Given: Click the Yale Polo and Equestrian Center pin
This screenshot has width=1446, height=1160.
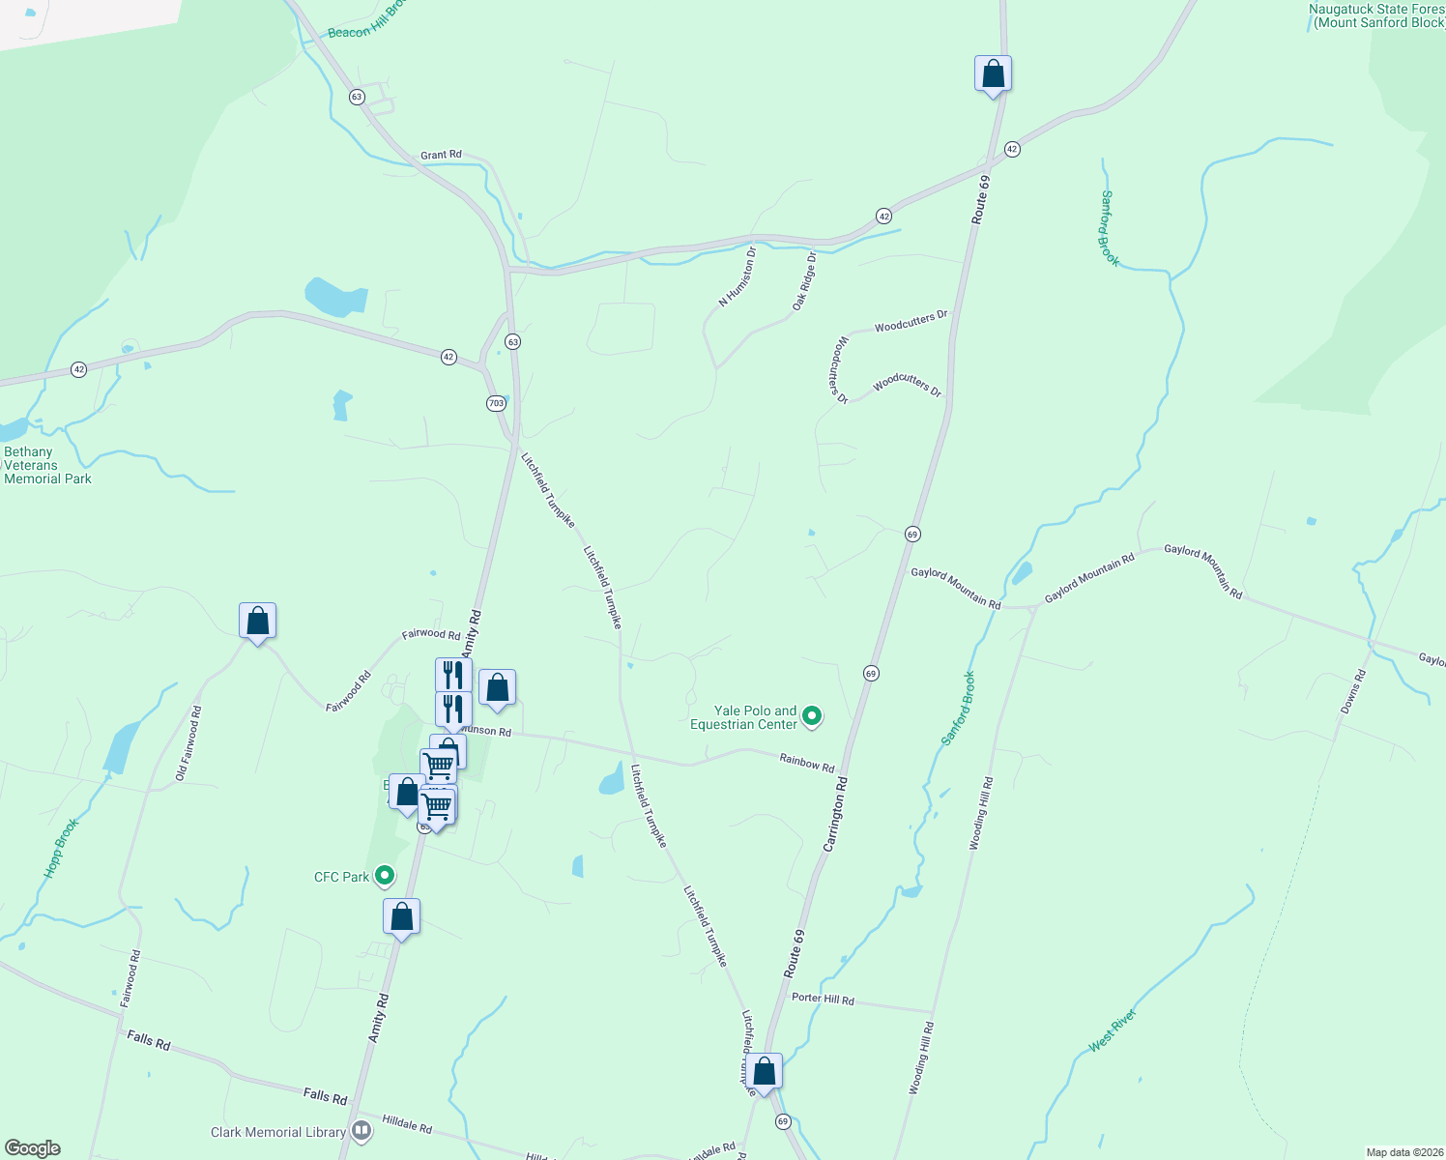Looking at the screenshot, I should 812,716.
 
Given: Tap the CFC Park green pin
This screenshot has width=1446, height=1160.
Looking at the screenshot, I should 385,877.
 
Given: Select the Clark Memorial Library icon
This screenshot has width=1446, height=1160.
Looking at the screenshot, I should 361,1130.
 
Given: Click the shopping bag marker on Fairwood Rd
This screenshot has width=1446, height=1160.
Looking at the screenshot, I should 257,622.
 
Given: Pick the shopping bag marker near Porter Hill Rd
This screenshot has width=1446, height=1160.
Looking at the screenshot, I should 764,1072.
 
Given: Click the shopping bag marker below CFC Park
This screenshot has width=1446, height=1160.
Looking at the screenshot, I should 401,917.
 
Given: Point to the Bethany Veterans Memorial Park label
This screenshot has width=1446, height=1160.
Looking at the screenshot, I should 47,465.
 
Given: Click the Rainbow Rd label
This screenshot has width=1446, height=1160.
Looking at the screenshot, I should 806,764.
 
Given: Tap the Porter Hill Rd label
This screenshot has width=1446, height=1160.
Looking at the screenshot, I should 823,999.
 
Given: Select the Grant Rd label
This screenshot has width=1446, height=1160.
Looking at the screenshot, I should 441,155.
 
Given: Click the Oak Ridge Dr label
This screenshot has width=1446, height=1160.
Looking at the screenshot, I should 804,281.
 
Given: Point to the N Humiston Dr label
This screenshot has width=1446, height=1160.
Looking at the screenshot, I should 737,276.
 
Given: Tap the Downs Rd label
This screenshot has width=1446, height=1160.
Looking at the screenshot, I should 1353,692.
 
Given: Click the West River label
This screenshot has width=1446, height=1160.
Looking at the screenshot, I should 1113,1030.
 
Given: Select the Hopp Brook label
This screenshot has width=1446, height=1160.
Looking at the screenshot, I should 61,848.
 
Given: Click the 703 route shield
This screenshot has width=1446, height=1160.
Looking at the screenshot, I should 496,403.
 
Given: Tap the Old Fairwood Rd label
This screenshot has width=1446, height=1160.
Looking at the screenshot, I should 188,743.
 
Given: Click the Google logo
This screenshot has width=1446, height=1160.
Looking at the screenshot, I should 32,1147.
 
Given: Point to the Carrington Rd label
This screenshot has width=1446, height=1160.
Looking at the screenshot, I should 835,814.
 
